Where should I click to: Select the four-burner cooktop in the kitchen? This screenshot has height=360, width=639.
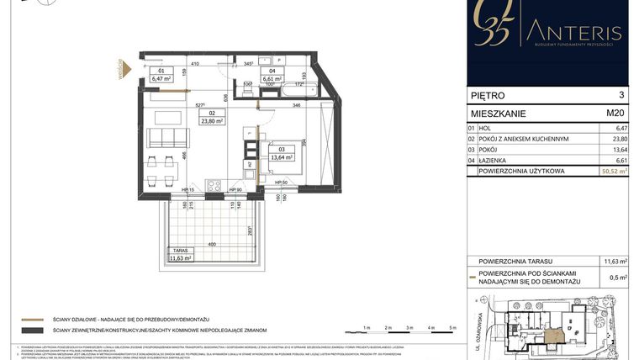[x=214, y=185]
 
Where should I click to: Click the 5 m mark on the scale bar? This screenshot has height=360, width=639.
[x=452, y=326]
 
